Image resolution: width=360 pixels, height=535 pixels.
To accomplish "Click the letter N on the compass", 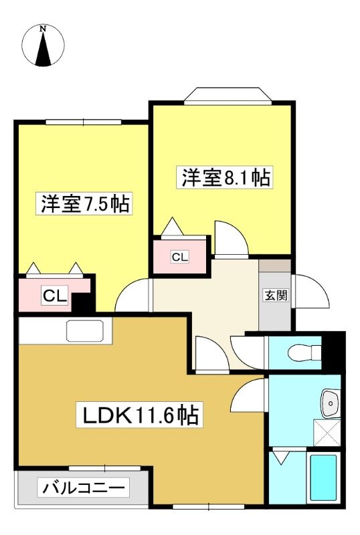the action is (43, 29).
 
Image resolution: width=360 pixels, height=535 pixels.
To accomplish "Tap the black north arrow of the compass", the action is (43, 49).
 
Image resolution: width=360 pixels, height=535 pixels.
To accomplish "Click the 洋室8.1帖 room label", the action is (225, 177).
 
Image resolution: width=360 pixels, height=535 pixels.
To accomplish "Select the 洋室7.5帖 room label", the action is (84, 204).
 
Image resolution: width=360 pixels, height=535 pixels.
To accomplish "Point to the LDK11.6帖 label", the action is (139, 415).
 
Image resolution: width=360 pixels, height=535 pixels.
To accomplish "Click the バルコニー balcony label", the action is (84, 488).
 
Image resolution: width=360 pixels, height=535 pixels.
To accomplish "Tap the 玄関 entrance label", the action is (276, 295).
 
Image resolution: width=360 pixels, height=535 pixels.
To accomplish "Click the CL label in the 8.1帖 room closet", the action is (179, 257).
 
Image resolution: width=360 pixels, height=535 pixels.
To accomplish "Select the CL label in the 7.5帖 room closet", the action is (55, 296).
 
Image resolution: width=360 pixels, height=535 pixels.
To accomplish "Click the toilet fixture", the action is (304, 352).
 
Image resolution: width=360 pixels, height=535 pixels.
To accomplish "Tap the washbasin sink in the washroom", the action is (330, 403).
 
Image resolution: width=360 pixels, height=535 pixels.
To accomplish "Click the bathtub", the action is (323, 477).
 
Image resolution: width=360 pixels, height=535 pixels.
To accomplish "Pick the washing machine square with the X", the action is (327, 433).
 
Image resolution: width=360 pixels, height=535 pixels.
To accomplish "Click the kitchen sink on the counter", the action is (85, 330).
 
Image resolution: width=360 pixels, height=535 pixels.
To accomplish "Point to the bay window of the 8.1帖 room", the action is (228, 95).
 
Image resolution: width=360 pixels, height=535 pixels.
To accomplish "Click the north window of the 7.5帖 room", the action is (84, 122).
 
